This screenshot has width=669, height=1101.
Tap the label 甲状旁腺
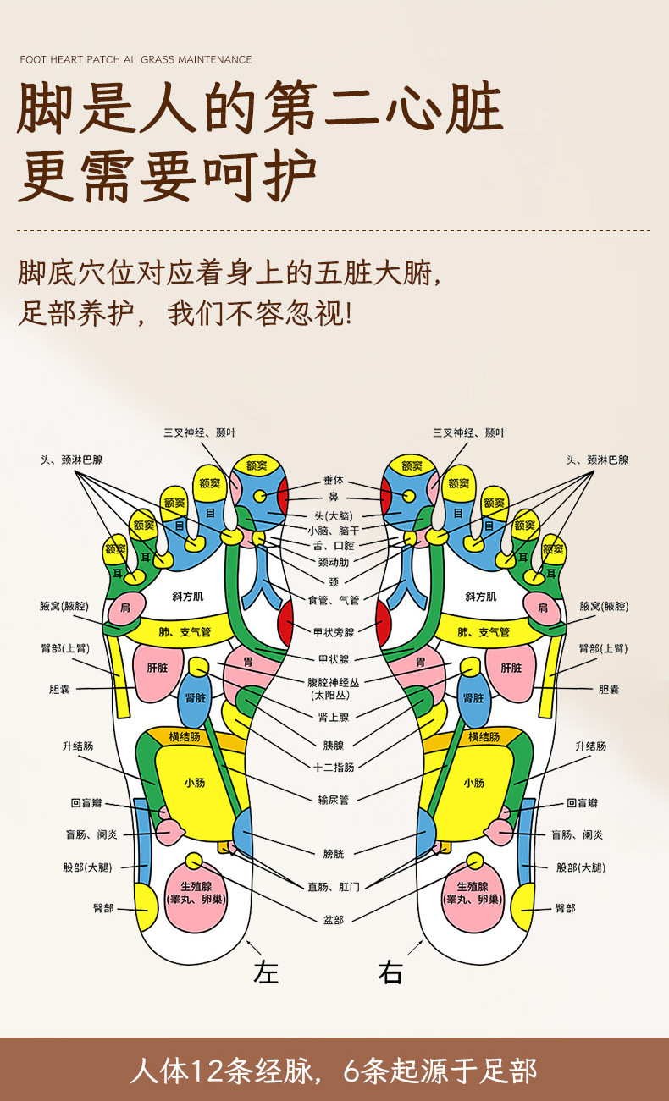pos(334,631)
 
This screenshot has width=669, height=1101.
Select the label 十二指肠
pos(334,767)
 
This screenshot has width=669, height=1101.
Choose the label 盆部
pos(334,918)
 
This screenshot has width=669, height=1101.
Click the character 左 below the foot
pos(267,972)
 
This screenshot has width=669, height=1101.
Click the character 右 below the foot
pos(390,972)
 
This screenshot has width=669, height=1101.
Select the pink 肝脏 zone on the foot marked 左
pos(158,668)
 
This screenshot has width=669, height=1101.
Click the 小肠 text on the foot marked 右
pos(473,783)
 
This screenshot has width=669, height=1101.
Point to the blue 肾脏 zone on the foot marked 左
pos(196,698)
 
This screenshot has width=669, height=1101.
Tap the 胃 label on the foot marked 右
pos(420,662)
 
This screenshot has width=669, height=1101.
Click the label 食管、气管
pos(334,600)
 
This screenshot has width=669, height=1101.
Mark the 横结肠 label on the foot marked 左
pos(185,736)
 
